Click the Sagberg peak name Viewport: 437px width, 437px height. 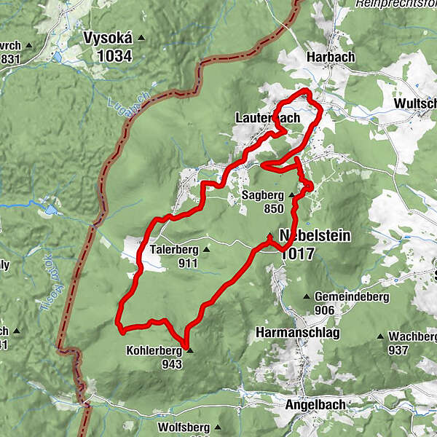[262, 195]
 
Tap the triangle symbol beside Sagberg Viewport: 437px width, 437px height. [291, 195]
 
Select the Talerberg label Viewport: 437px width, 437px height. [173, 250]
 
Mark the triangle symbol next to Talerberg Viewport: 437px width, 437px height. [205, 250]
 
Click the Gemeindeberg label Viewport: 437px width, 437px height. [352, 297]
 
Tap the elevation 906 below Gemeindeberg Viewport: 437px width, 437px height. [325, 310]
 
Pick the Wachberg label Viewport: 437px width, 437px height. [412, 336]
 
